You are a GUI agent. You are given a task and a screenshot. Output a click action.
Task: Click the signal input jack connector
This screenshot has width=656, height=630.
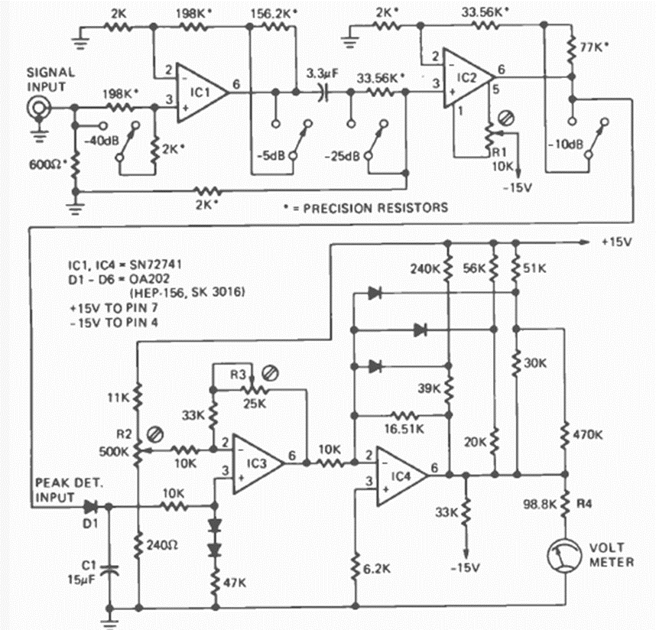pos(35,109)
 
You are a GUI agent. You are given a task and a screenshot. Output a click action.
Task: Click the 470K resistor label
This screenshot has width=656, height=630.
pos(591,436)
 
